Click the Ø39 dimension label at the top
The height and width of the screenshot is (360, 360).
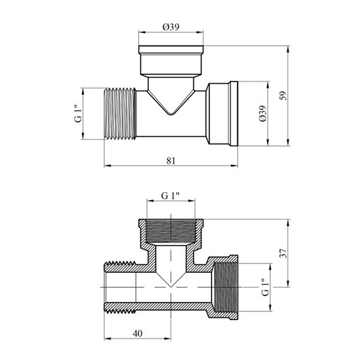171,27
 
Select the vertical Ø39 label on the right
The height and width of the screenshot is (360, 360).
263,114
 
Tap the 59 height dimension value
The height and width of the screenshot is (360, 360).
284,95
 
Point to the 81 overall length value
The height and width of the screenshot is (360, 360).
171,160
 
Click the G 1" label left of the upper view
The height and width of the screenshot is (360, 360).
78,114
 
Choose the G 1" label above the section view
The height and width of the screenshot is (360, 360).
170,196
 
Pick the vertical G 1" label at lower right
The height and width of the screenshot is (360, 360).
265,287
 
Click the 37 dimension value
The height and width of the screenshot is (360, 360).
284,253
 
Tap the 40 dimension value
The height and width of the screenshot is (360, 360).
137,333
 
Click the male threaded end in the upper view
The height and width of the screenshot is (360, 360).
120,114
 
